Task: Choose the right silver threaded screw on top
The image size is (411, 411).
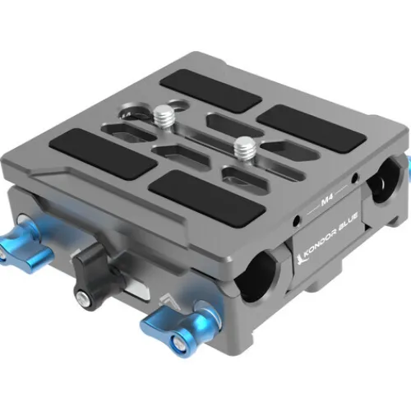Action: point(242,149)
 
